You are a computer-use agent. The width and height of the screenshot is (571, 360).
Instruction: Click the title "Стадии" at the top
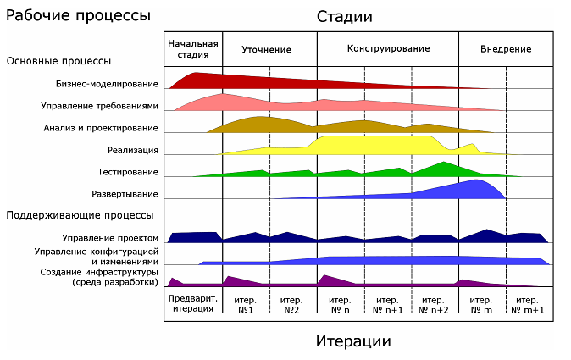pyautogui.click(x=345, y=17)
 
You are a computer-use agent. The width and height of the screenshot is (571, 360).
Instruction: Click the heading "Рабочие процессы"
pyautogui.click(x=79, y=15)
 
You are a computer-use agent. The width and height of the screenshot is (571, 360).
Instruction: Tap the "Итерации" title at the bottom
pyautogui.click(x=353, y=341)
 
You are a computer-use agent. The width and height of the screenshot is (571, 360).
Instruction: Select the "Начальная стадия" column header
pyautogui.click(x=193, y=48)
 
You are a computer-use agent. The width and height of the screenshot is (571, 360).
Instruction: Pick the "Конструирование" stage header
pyautogui.click(x=388, y=48)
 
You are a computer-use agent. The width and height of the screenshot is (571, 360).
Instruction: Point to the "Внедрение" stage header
pyautogui.click(x=506, y=49)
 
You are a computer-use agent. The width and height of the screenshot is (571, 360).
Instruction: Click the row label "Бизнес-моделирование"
pyautogui.click(x=107, y=84)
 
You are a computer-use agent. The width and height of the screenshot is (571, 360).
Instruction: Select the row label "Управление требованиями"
pyautogui.click(x=99, y=106)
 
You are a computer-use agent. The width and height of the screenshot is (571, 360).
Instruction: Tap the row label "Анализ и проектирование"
pyautogui.click(x=101, y=128)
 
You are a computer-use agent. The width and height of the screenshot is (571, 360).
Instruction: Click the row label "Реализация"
pyautogui.click(x=132, y=150)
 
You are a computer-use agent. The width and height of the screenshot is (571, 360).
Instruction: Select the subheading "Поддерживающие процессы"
pyautogui.click(x=80, y=215)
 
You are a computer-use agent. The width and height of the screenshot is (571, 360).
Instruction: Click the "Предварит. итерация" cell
pyautogui.click(x=193, y=304)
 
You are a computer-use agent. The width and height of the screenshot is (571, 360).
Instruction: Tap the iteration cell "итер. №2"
pyautogui.click(x=292, y=304)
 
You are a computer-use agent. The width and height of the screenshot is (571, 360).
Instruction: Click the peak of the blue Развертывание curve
pyautogui.click(x=479, y=180)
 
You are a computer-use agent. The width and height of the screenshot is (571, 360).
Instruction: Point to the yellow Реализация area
pyautogui.click(x=373, y=146)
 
